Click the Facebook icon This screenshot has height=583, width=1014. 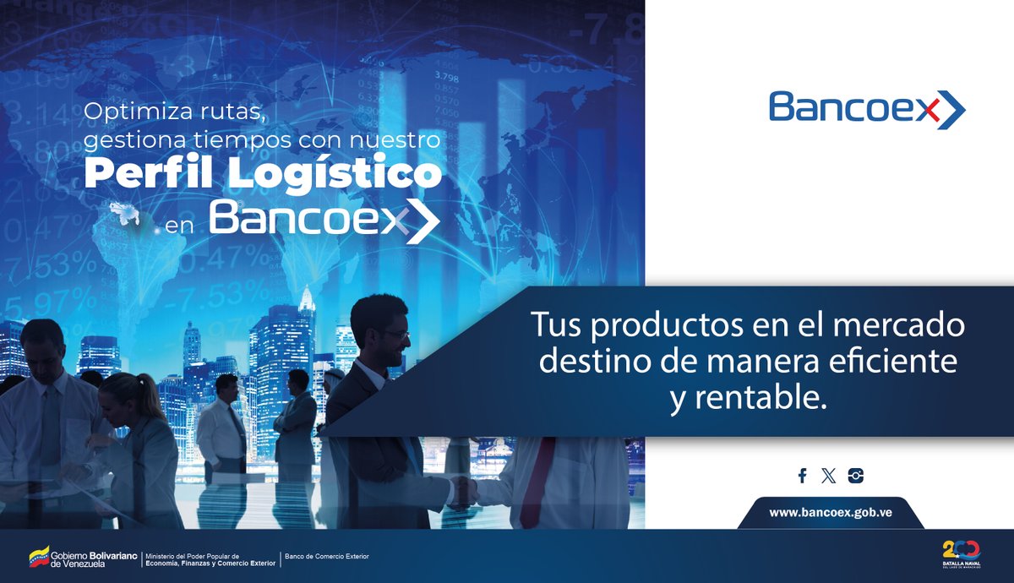pos(802,476)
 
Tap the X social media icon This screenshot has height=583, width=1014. pos(828,476)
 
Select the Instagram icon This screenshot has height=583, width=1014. pos(856,476)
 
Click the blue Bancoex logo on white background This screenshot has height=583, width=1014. pos(867,110)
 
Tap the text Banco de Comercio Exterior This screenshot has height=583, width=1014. pos(328,556)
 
